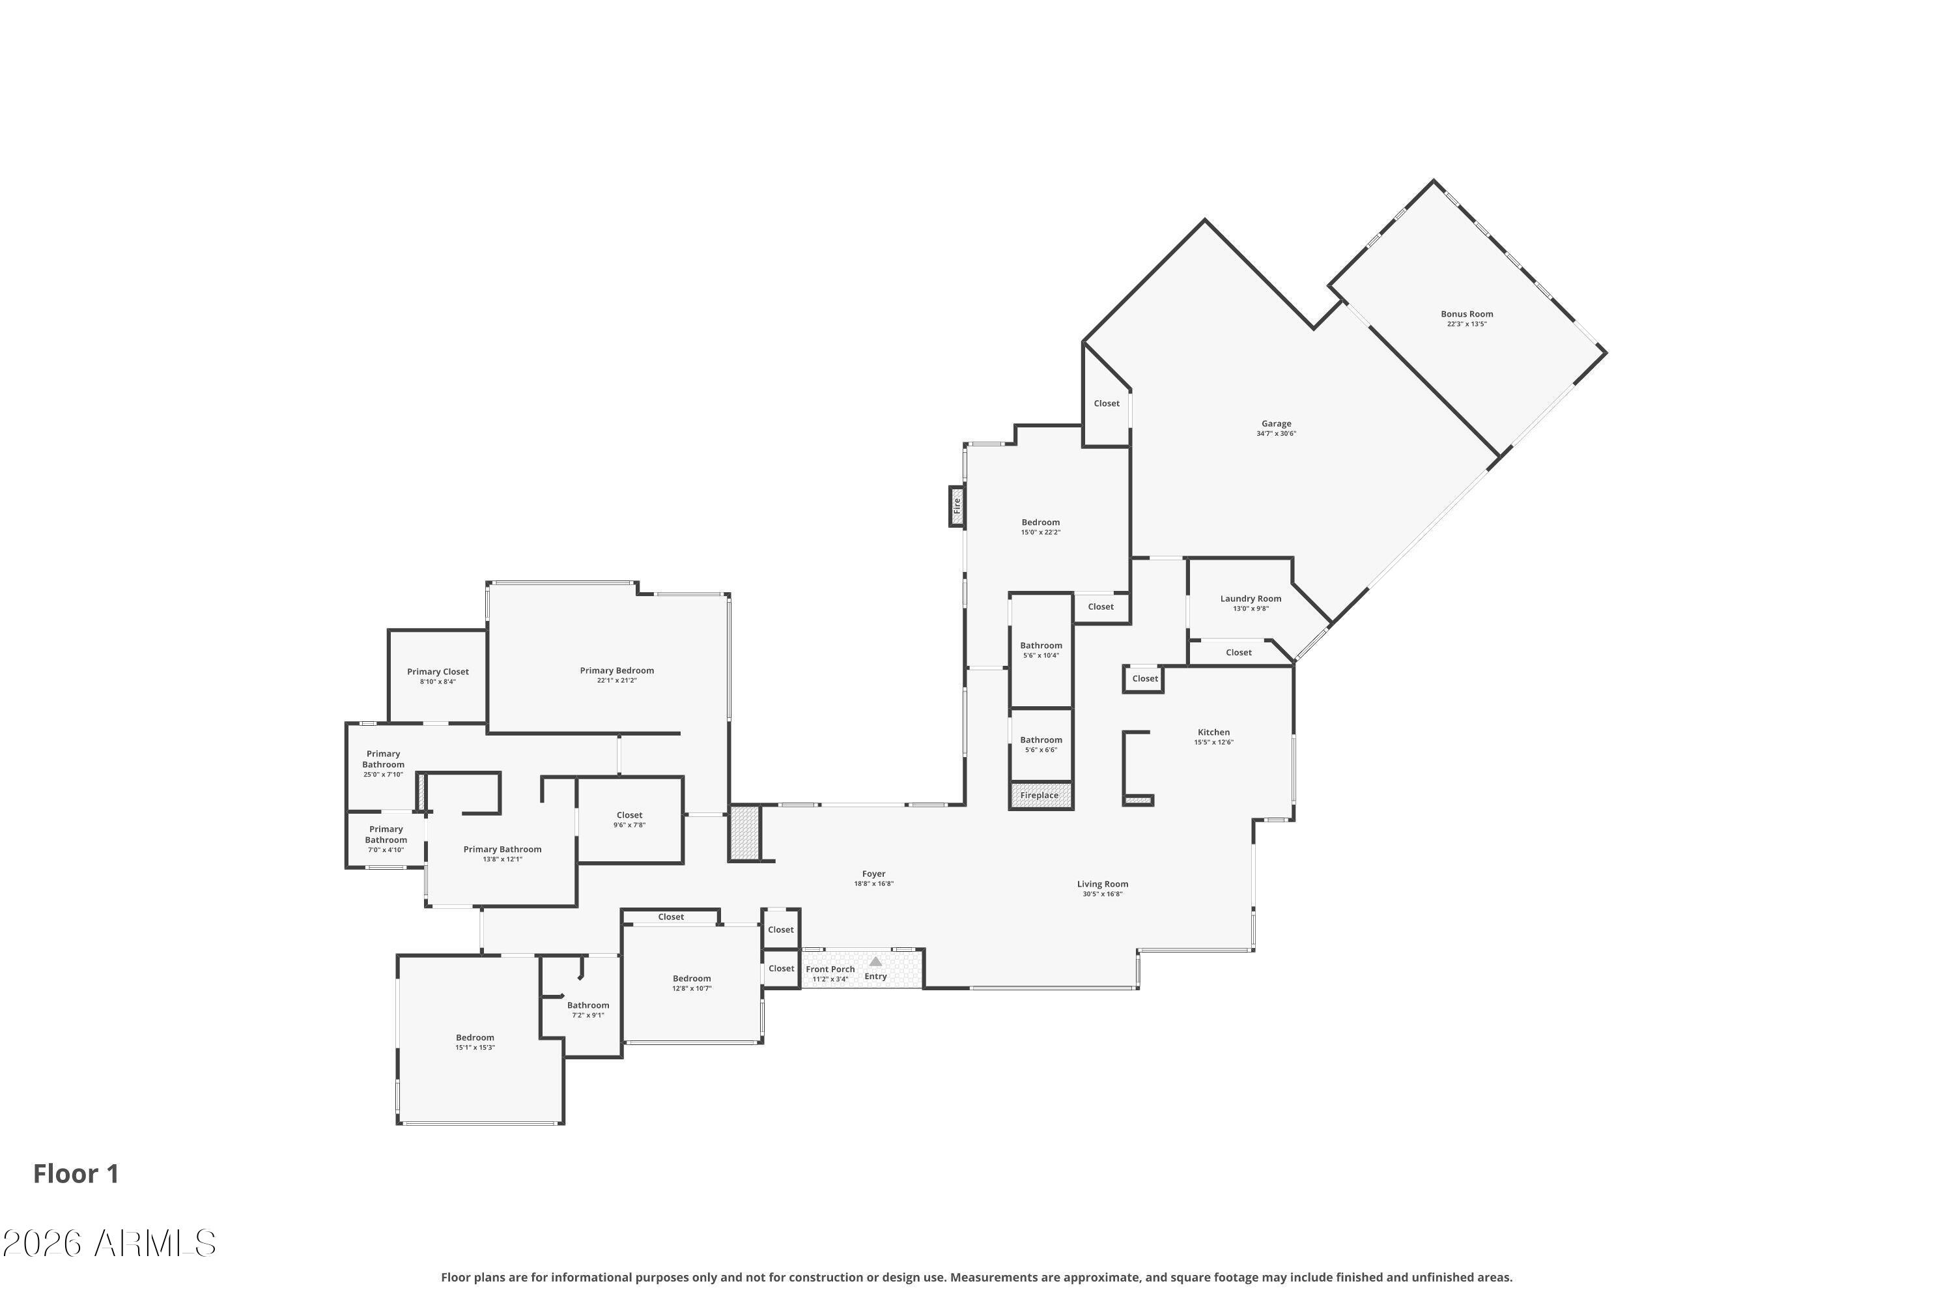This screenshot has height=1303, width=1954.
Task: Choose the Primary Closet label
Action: (x=438, y=672)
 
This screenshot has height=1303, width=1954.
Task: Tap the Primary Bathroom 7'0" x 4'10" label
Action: (x=386, y=839)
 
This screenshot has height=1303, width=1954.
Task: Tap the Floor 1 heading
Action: (x=76, y=1174)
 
